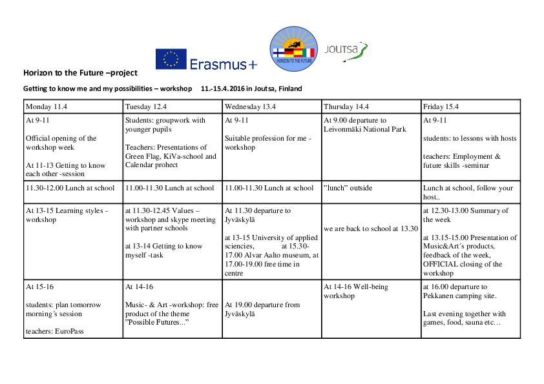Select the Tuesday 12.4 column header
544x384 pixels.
point(146,106)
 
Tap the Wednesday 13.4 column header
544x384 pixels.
point(250,106)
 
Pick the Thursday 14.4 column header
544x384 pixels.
point(349,106)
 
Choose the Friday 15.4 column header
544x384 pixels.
point(442,106)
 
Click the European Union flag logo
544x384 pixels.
point(171,59)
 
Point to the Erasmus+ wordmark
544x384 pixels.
point(223,64)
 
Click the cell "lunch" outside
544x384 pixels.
point(348,188)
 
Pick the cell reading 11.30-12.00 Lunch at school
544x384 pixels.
point(70,188)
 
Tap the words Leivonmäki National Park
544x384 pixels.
point(364,130)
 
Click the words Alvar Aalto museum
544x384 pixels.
point(259,256)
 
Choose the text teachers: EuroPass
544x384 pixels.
point(55,331)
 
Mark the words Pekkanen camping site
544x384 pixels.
point(459,296)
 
